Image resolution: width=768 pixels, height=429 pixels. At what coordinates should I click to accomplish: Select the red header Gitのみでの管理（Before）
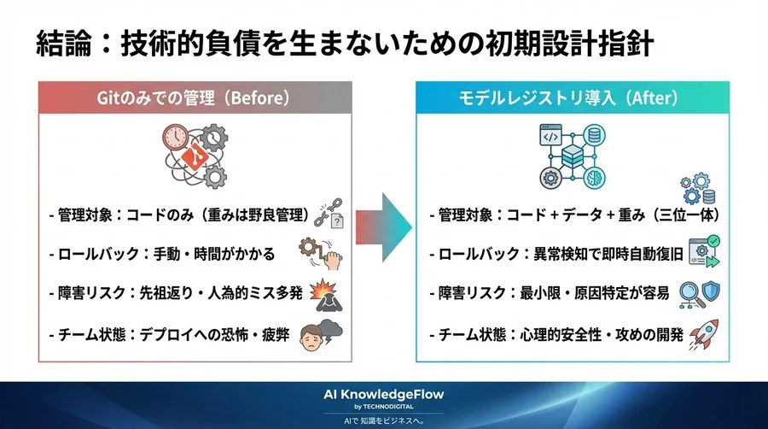coord(194,97)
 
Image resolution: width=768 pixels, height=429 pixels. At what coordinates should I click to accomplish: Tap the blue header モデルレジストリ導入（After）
coord(573,97)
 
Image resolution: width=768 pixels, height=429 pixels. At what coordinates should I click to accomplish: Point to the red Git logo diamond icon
coord(195,157)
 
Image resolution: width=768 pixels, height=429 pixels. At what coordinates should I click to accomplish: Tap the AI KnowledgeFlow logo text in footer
coord(384,394)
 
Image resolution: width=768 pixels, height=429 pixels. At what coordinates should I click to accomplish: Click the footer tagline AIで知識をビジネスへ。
coord(384,420)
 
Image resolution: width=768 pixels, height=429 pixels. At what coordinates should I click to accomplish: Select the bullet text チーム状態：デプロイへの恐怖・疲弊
coord(169,335)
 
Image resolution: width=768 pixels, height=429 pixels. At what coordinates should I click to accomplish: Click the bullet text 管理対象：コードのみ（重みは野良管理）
coord(175,215)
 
